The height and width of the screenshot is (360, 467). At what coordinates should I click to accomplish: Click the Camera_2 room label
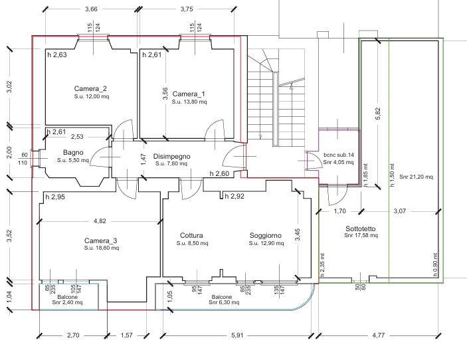pos(90,88)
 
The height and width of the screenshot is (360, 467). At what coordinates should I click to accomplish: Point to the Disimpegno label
pos(171,157)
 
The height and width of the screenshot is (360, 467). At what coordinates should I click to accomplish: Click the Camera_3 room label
pos(101,240)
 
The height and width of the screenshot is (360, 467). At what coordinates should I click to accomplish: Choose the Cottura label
pos(191,235)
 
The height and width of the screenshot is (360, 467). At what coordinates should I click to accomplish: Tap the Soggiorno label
pos(266,235)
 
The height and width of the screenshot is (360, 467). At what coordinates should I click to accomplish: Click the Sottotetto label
pos(360,228)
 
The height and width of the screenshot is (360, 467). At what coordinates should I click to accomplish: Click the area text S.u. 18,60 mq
pos(101,248)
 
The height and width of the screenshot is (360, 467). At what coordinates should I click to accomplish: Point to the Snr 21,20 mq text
pos(417,177)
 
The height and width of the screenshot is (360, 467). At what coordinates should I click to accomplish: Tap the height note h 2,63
pos(57,55)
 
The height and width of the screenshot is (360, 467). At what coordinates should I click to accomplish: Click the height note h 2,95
pos(55,197)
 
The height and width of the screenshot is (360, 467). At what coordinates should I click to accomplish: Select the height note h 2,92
pos(235,197)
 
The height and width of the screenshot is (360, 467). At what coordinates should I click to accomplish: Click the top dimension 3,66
pos(92,9)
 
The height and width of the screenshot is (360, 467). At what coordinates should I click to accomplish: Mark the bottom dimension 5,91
pos(236,336)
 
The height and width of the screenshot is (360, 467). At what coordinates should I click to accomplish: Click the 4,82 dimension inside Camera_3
pos(100,221)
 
